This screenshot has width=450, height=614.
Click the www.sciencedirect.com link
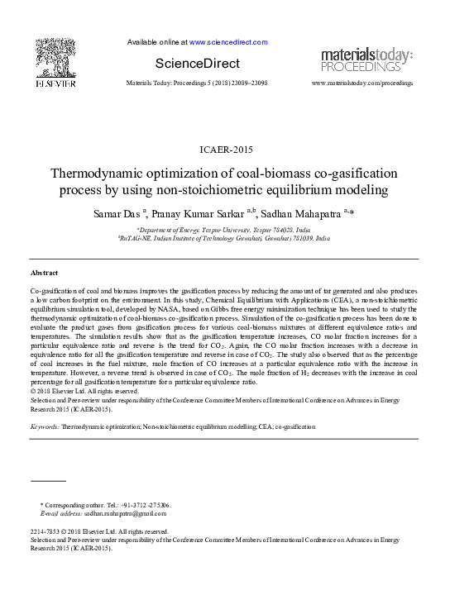[228, 41]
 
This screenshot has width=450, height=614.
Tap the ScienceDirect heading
[197, 64]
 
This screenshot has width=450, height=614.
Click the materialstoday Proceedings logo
[366, 59]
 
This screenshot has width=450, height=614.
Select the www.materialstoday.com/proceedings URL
[362, 83]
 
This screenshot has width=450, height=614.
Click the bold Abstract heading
[44, 272]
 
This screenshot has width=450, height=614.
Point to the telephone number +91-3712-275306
[146, 504]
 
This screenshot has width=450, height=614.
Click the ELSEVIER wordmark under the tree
[55, 83]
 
